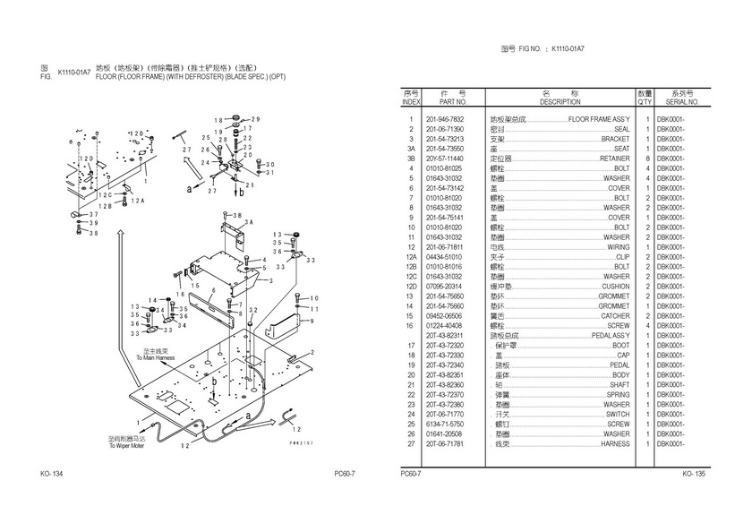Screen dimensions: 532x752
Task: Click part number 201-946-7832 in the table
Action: tap(444, 119)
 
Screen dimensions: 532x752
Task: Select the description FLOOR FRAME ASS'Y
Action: tap(599, 119)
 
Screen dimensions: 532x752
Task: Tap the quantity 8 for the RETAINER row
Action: tap(645, 159)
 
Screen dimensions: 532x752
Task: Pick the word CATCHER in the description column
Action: tap(615, 316)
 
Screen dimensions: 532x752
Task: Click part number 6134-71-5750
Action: tap(444, 424)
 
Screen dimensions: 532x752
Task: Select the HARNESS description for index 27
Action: tap(614, 443)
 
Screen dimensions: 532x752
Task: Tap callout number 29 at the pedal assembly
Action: tap(255, 119)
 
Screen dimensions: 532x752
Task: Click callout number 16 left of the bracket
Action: tap(179, 294)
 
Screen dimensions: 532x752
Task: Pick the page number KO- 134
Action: tap(51, 473)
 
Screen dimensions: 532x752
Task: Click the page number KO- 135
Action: tap(694, 473)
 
